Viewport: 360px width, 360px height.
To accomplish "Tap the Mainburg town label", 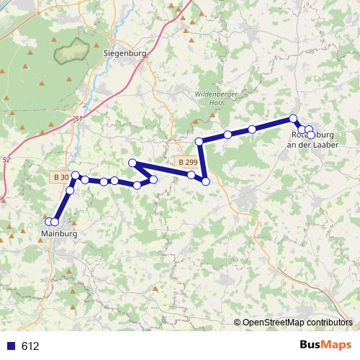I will pos(59,234).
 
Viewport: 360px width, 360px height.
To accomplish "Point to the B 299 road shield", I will pos(186,163).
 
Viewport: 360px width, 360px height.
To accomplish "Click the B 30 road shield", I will pos(60,176).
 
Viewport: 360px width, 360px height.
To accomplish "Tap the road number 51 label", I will pos(78,120).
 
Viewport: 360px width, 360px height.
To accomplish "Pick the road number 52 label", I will pos(6,159).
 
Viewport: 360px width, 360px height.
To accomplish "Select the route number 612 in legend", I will pos(30,346).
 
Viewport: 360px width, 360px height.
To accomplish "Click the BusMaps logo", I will pos(325,346).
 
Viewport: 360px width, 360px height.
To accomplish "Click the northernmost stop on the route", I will pos(293,118).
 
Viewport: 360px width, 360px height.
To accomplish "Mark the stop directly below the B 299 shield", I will pos(191,175).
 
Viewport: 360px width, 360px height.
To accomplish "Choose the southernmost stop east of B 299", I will pos(206,181).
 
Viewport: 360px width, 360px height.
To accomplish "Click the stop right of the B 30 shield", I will pos(75,175).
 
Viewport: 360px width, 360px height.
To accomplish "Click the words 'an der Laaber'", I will pos(312,145).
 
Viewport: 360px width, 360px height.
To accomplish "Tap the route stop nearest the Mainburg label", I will pos(54,222).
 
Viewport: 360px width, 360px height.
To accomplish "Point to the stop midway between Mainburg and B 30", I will pos(70,190).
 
